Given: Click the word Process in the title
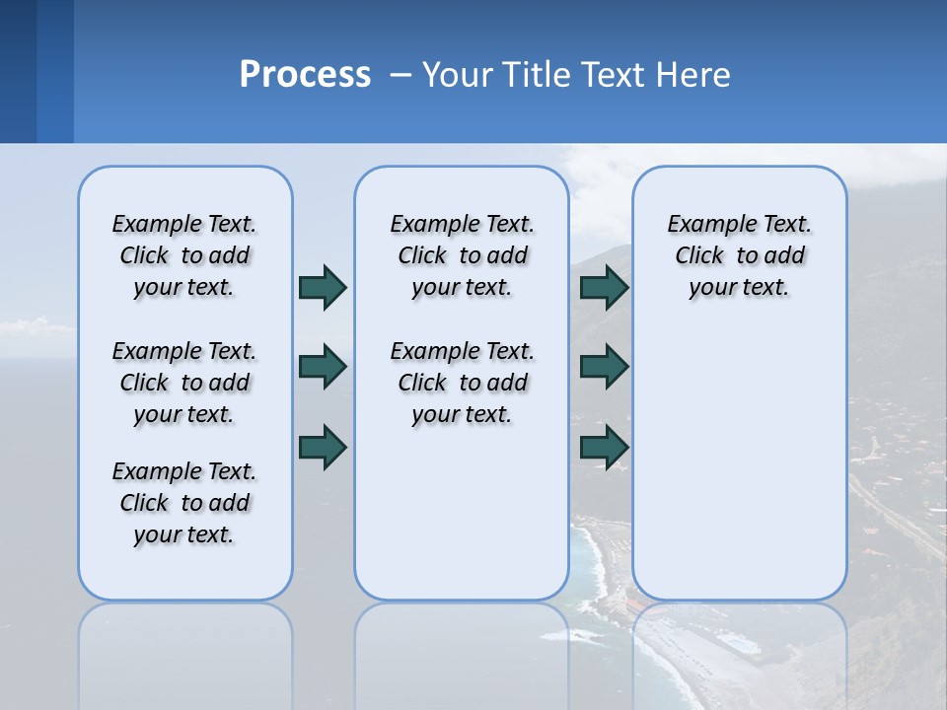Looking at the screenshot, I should [305, 75].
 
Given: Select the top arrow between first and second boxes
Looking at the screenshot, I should [323, 287].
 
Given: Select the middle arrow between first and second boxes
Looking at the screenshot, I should [323, 367].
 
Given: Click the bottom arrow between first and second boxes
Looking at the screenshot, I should [323, 447].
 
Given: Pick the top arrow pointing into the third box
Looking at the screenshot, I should [604, 287].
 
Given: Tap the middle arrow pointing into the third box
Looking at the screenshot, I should [604, 367].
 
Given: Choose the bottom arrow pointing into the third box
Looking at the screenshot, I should [604, 447].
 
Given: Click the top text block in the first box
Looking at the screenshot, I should [184, 255].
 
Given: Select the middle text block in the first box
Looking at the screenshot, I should [184, 383].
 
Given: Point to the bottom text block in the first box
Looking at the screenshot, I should [184, 503].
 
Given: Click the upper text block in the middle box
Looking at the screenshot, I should [462, 255].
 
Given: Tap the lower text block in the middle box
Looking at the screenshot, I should [462, 383].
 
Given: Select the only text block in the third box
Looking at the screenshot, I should [739, 255].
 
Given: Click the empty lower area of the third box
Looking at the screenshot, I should [739, 473].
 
